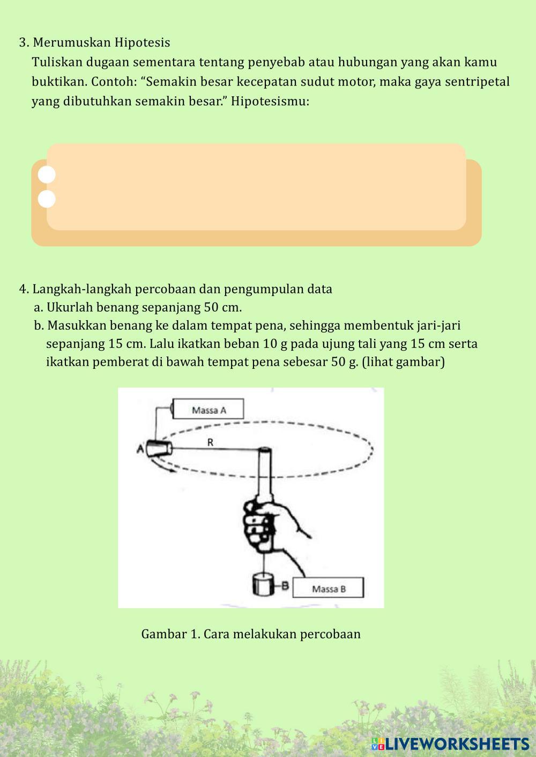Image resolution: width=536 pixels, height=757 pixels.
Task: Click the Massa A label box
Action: (x=208, y=408)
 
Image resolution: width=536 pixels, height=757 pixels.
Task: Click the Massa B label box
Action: (x=328, y=587)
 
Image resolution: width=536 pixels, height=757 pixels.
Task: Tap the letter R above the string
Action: (x=210, y=442)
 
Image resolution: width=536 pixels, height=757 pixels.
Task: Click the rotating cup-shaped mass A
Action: (x=159, y=449)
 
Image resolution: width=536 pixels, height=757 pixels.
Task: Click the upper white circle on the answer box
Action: (x=47, y=175)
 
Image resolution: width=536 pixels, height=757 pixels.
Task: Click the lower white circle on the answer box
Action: (x=47, y=199)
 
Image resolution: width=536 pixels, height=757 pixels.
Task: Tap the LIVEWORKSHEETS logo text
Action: (x=450, y=744)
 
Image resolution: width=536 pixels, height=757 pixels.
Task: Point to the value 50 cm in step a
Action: (x=222, y=307)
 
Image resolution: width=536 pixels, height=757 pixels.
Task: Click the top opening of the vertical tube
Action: (x=265, y=450)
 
